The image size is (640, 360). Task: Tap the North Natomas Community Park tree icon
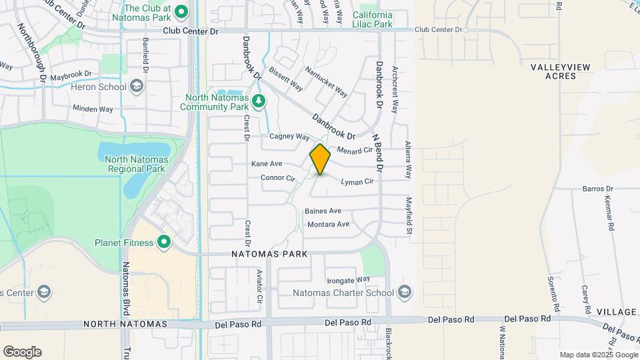(259, 102)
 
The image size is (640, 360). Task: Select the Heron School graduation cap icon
(136, 87)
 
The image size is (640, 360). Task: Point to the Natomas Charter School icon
(403, 292)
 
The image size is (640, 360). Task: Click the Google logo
(21, 352)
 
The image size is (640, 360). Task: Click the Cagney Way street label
(290, 137)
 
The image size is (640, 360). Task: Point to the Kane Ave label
(267, 164)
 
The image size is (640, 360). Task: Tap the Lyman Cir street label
(357, 181)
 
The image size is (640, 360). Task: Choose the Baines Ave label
(323, 211)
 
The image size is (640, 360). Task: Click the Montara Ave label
(328, 225)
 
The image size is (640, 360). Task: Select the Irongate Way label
(348, 279)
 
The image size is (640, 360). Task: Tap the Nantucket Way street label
(326, 80)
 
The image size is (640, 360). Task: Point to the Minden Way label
(93, 108)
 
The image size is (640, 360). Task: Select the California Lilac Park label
(372, 19)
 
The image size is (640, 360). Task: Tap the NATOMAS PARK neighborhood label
(269, 254)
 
